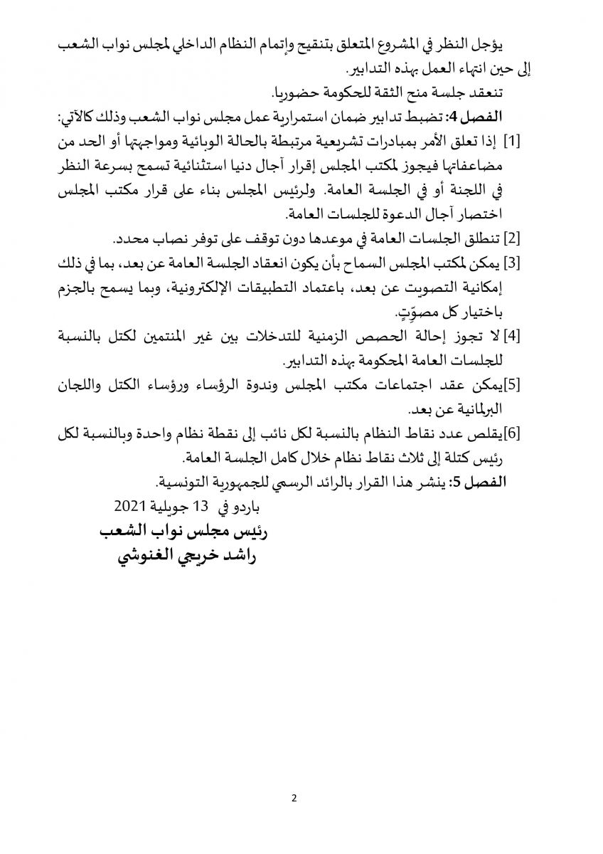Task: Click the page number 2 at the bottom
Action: (x=294, y=797)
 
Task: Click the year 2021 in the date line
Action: (x=129, y=507)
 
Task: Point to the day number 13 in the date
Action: (x=203, y=507)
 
